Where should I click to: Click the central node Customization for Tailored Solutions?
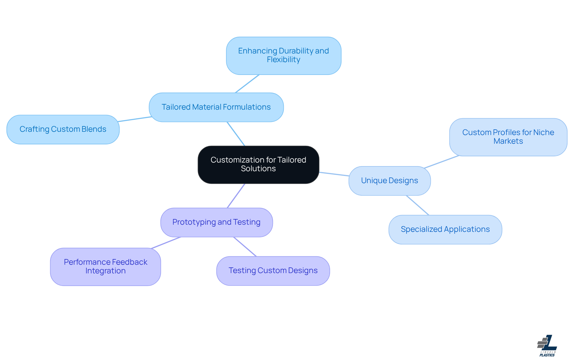click(x=258, y=164)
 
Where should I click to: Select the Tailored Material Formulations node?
click(x=216, y=107)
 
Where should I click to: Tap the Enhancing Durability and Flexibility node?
click(x=283, y=56)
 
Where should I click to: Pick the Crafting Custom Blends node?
click(x=63, y=129)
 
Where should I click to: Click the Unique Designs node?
click(x=389, y=180)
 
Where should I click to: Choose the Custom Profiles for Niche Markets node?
click(x=508, y=137)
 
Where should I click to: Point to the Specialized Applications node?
click(x=445, y=229)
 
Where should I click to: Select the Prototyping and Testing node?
click(x=216, y=222)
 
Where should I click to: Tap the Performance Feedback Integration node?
click(x=105, y=266)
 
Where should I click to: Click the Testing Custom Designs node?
click(x=273, y=270)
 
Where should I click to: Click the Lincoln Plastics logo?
click(x=547, y=346)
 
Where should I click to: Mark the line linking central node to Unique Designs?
click(x=334, y=174)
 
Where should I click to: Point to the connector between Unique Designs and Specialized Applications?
click(x=418, y=205)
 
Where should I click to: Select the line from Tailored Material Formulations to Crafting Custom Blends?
click(x=135, y=119)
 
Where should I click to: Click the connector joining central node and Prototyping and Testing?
click(x=236, y=196)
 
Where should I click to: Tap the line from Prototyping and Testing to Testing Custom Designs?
click(x=245, y=247)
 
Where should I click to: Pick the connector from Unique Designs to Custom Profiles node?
click(x=442, y=162)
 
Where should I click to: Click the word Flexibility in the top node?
click(x=283, y=60)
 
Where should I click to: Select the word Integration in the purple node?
click(x=105, y=271)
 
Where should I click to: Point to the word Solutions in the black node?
click(x=258, y=169)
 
